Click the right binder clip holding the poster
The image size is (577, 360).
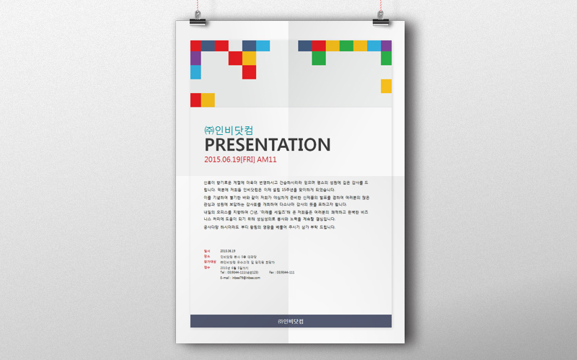click(x=381, y=20)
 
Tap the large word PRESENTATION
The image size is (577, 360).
click(x=268, y=144)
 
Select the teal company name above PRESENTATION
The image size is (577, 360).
click(x=229, y=130)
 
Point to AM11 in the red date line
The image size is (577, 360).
click(x=268, y=159)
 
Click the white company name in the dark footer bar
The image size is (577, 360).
click(x=291, y=321)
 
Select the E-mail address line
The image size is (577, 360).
click(x=240, y=278)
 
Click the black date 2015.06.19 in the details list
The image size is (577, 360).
click(x=228, y=250)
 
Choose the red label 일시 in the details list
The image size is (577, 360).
click(x=206, y=250)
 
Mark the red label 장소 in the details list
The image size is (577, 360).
click(x=206, y=256)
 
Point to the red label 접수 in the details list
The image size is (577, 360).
click(x=206, y=267)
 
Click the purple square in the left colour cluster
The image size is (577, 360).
click(x=195, y=58)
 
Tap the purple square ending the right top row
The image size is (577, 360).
click(x=386, y=45)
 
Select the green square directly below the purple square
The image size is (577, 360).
click(x=386, y=58)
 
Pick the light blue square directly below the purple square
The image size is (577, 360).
click(x=195, y=72)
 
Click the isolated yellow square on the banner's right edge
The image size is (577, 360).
click(x=386, y=86)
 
